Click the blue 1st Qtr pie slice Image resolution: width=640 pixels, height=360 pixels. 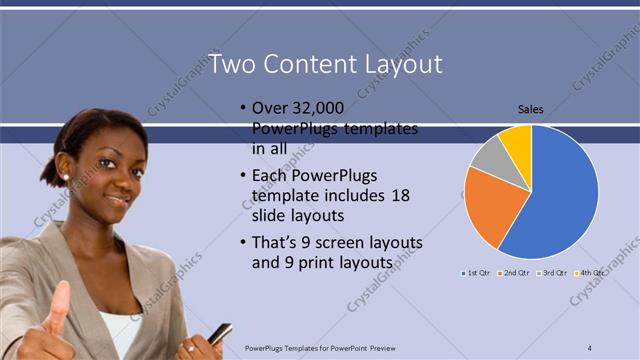pos(560,195)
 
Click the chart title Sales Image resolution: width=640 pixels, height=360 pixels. pos(530,110)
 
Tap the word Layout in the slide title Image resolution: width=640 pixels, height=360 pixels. pos(404,64)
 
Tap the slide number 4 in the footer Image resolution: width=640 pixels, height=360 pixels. pos(590,347)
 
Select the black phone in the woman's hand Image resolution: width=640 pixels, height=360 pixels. pos(219,333)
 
